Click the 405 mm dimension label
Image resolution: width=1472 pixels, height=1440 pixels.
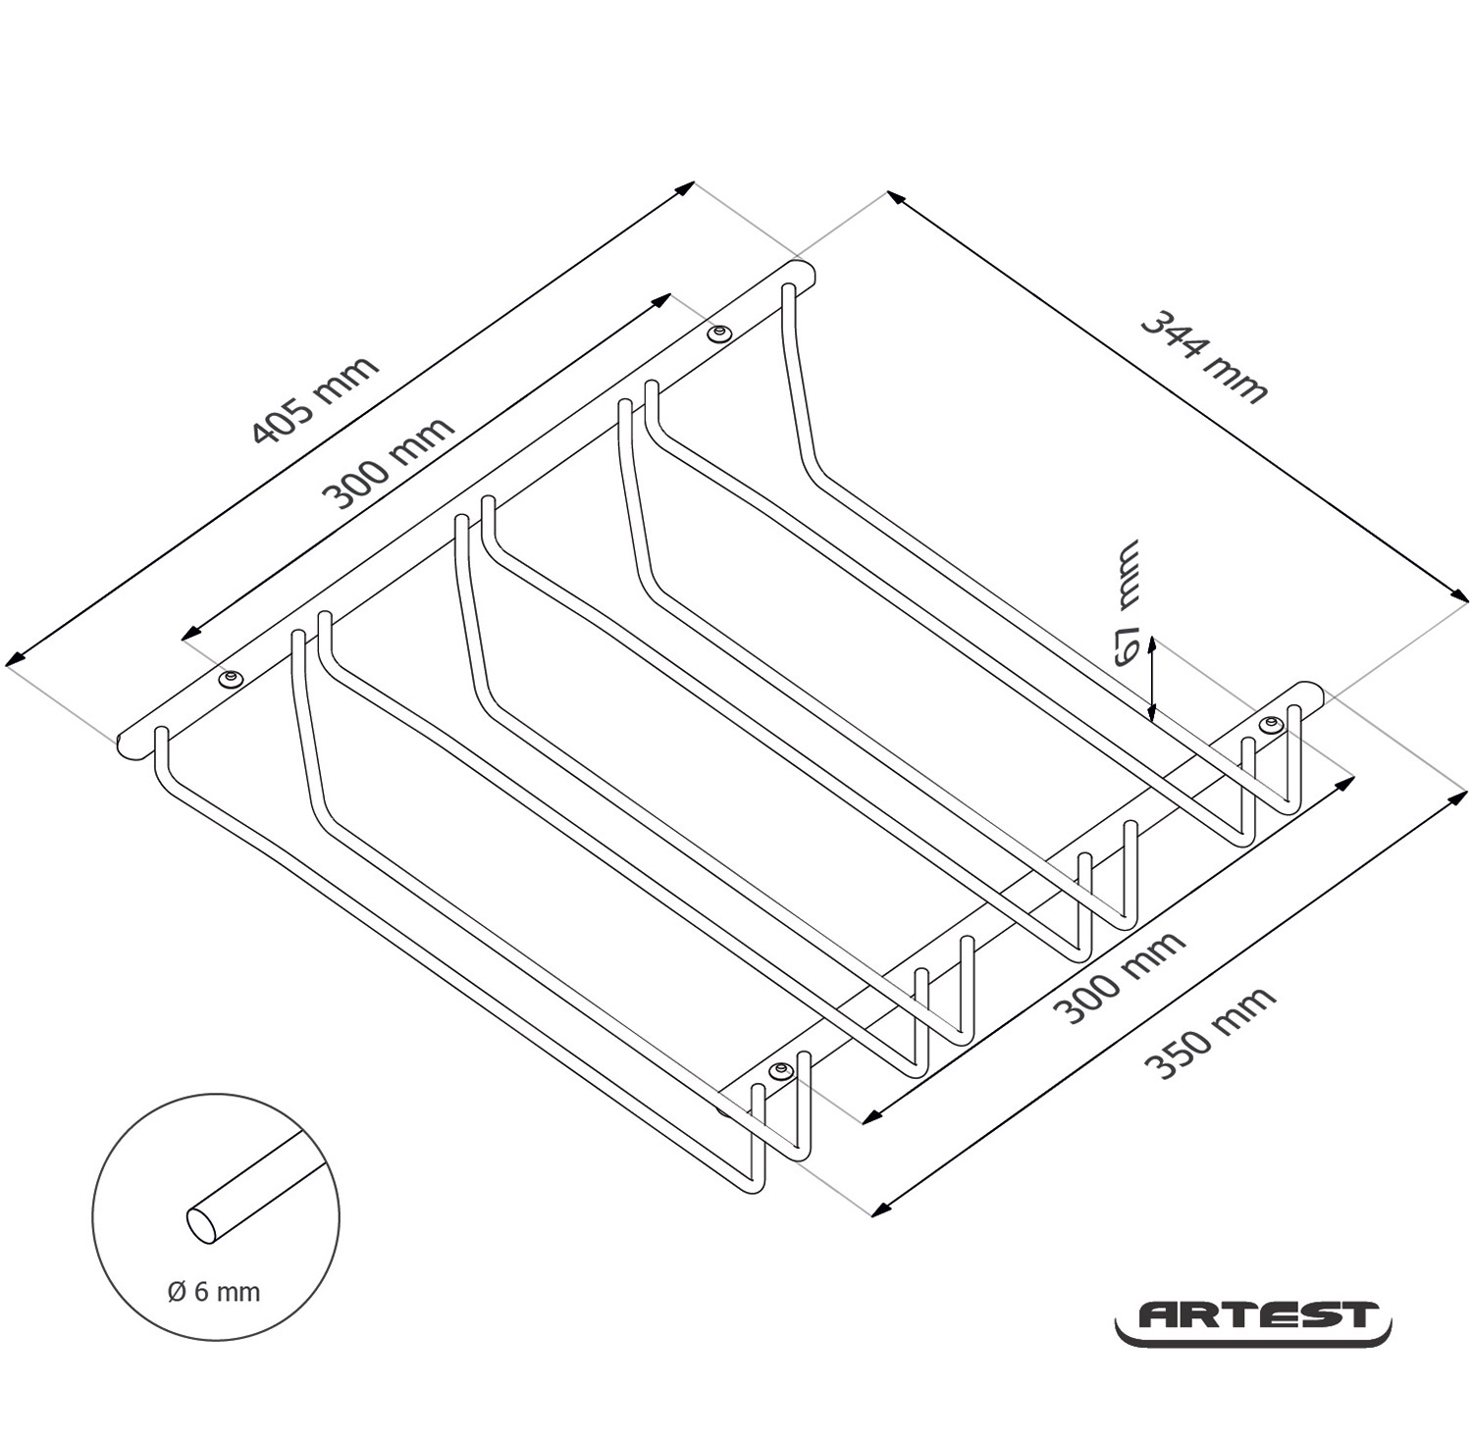(315, 399)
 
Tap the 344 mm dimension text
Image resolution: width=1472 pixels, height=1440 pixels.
(1205, 357)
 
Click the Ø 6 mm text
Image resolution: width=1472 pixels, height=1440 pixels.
(214, 1291)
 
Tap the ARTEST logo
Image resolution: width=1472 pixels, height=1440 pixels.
(1253, 1322)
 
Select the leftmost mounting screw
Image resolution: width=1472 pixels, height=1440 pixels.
(232, 679)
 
